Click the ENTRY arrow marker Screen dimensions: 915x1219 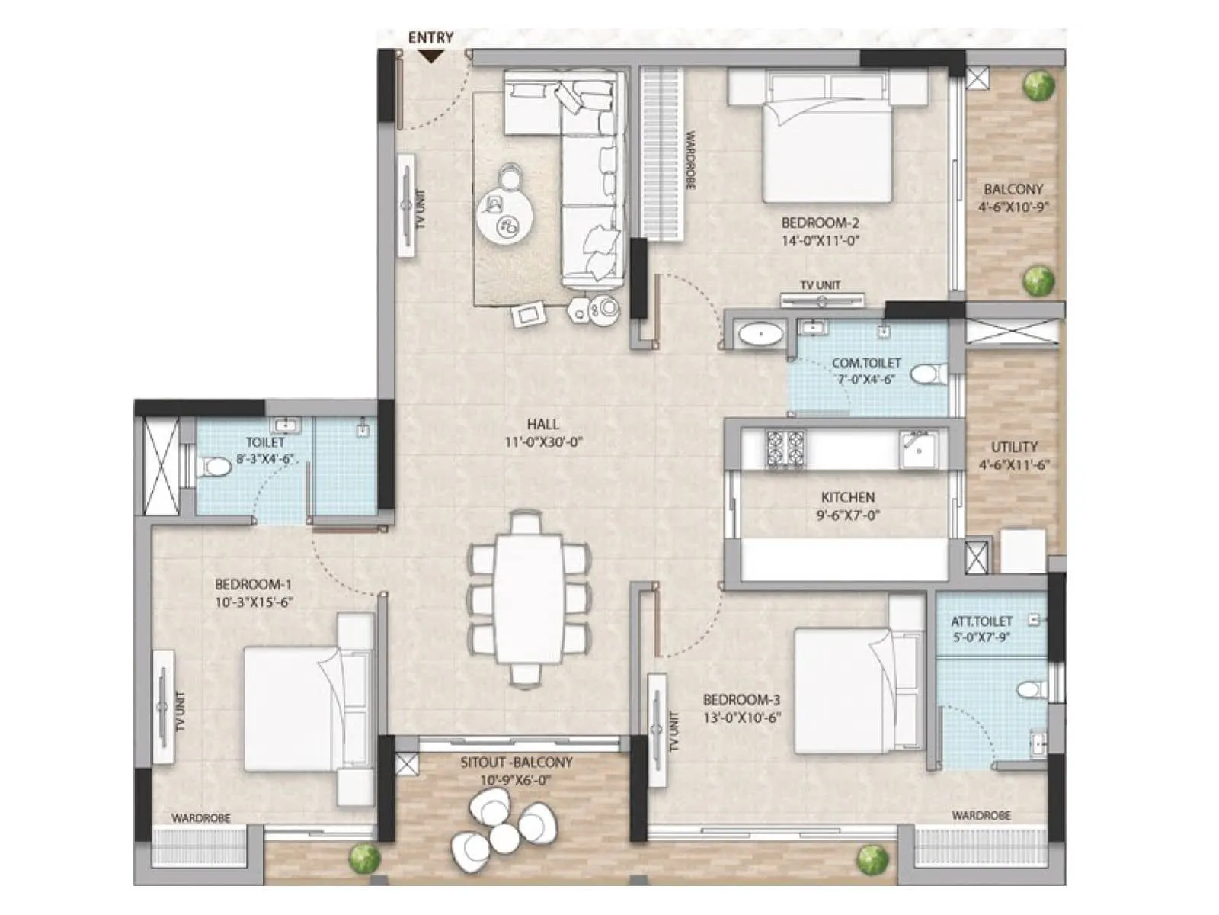[431, 55]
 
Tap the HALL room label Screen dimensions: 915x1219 [542, 424]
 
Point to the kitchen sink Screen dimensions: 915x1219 [919, 448]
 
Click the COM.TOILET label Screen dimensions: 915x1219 [866, 363]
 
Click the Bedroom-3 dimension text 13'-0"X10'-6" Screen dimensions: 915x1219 [742, 718]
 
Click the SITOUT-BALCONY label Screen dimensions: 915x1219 [516, 762]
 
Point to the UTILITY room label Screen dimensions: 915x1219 [1014, 447]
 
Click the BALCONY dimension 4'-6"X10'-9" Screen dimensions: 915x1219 [1013, 207]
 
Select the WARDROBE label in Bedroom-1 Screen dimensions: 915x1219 [200, 818]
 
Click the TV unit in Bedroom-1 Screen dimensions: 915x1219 [163, 706]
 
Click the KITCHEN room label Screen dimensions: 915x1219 [847, 496]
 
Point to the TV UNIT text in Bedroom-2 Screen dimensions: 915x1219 [821, 285]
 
